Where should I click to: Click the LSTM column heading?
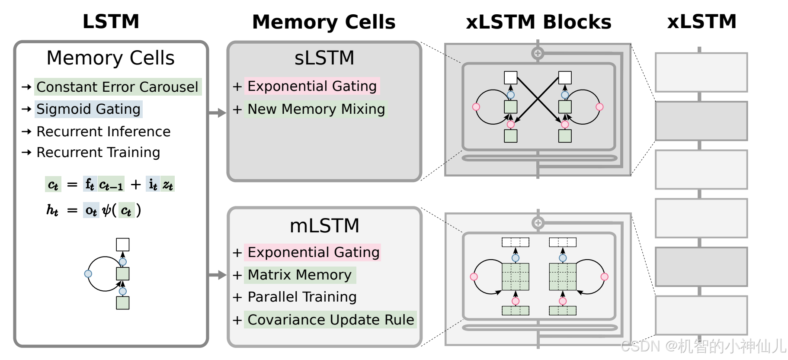111,22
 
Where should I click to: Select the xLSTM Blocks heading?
538,22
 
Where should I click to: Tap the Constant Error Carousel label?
117,87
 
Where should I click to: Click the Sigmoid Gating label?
88,109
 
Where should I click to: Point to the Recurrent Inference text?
103,132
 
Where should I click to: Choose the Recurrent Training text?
98,152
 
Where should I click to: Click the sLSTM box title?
324,58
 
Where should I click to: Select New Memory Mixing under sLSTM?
316,109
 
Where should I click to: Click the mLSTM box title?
324,225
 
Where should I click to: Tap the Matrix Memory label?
299,275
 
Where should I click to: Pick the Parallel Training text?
302,297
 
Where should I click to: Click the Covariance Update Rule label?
331,320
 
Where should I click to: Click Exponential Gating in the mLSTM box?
313,252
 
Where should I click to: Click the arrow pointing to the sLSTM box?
218,113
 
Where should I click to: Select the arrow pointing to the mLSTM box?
218,275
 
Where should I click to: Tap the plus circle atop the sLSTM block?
538,53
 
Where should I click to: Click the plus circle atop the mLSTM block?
538,223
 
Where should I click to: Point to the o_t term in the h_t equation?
91,211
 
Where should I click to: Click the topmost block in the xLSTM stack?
701,72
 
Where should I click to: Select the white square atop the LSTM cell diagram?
123,244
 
